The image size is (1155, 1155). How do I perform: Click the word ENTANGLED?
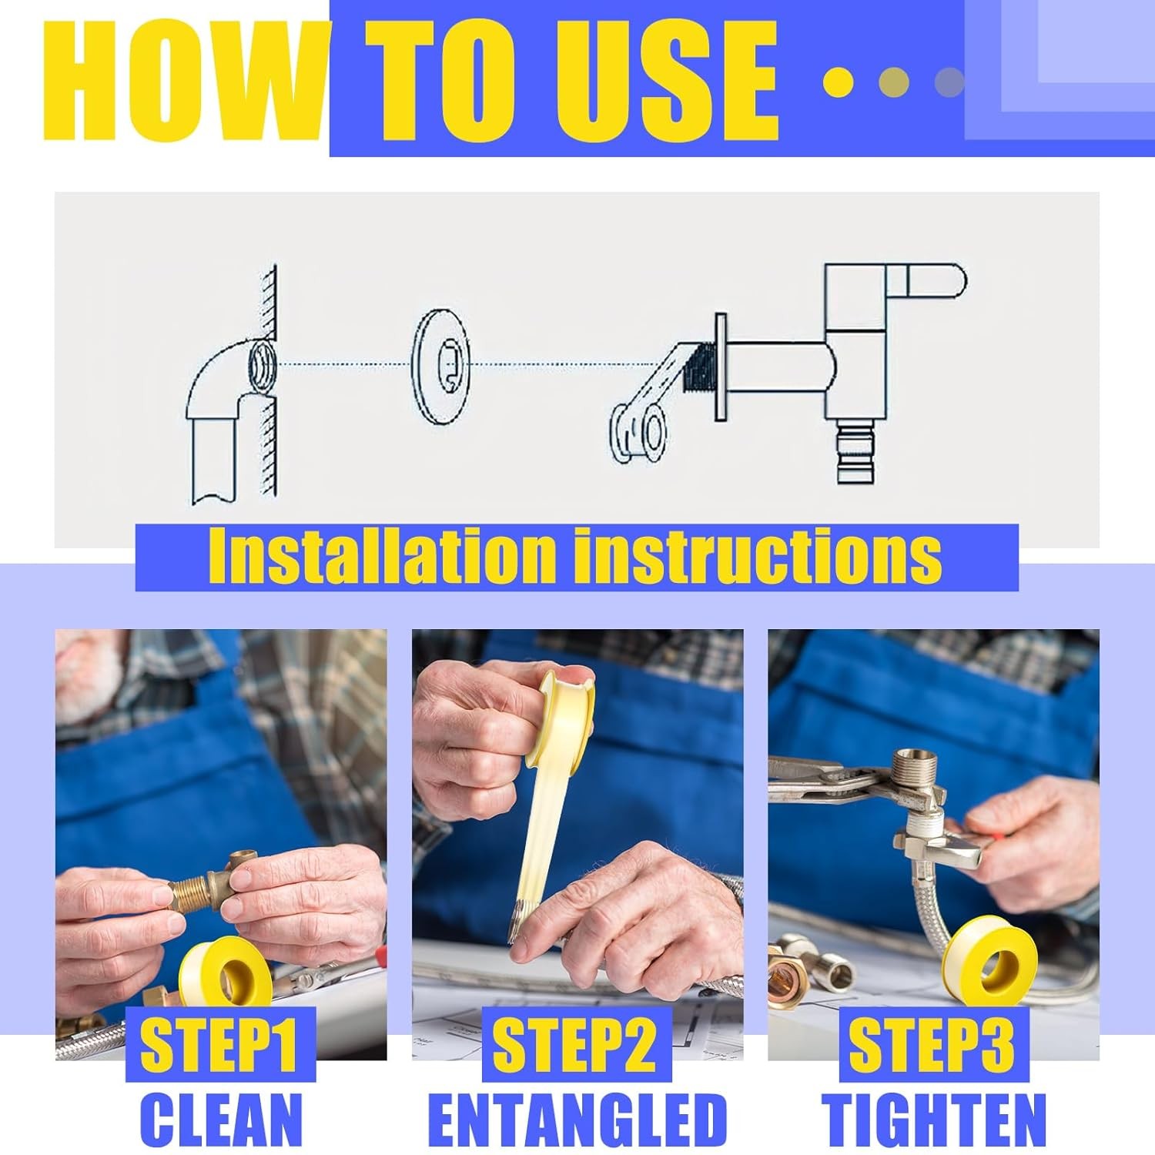coord(577,1118)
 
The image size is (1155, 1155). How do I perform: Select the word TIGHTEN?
coord(933,1118)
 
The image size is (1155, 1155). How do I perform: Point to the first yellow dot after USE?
coord(838,82)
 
